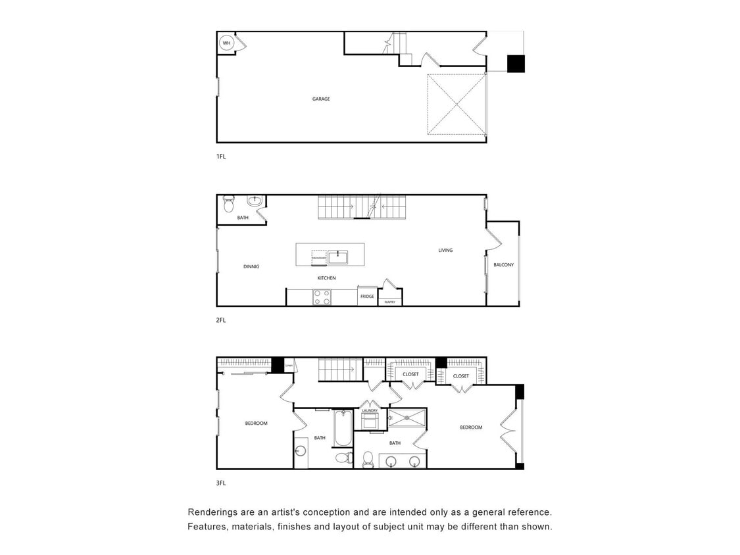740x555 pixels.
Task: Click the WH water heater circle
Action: tap(226, 43)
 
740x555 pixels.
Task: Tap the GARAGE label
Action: tap(321, 99)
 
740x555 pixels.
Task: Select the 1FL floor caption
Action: tap(221, 157)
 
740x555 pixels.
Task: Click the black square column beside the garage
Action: tap(516, 64)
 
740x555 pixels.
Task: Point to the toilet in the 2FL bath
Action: tap(228, 205)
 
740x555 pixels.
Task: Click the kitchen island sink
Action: tap(337, 256)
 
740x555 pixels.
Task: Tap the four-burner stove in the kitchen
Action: tap(322, 297)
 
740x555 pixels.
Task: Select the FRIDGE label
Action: tap(367, 297)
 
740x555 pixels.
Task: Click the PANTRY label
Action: tap(390, 302)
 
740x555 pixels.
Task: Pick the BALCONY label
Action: tap(503, 265)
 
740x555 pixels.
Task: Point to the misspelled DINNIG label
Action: tap(251, 266)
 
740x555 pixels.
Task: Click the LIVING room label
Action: tap(445, 250)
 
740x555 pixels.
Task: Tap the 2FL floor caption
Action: tap(221, 320)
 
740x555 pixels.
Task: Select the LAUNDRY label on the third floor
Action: tap(370, 410)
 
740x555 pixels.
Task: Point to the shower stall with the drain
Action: tap(406, 418)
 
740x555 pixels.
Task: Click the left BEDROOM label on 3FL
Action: tap(256, 423)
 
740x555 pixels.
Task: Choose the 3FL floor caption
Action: tap(221, 483)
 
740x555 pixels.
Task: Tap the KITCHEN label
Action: tap(326, 278)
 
